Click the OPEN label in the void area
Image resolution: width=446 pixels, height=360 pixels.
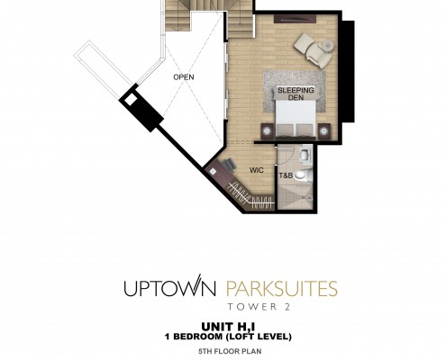click(x=184, y=77)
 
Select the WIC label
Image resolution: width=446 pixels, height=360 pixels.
click(x=257, y=170)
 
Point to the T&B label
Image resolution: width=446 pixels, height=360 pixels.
click(x=286, y=175)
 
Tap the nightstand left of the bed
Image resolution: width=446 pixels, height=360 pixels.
click(x=267, y=131)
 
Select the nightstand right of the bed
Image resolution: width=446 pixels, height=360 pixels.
click(x=324, y=131)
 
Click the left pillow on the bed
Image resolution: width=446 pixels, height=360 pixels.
click(x=285, y=130)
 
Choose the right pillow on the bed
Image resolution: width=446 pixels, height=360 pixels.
click(x=305, y=130)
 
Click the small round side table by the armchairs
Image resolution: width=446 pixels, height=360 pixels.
click(x=328, y=46)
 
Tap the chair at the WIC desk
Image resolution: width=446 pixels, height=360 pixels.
click(x=230, y=165)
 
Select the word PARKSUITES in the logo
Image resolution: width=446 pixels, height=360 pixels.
click(x=282, y=288)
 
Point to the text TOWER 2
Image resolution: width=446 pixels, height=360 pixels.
click(x=259, y=307)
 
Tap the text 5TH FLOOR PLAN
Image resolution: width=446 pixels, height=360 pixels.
click(x=230, y=351)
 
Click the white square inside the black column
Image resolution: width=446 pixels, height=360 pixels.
click(x=131, y=99)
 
